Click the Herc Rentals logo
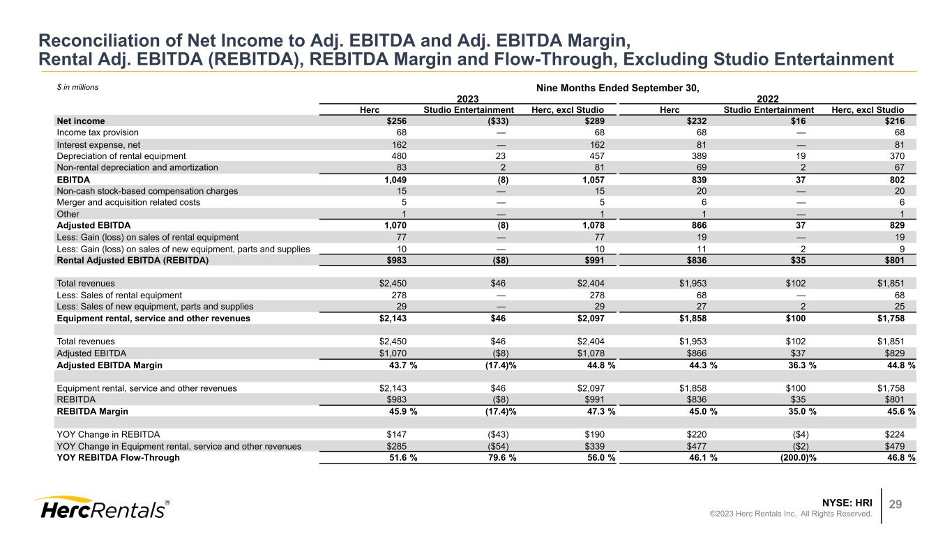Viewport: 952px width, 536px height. coord(101,508)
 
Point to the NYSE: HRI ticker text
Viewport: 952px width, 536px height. coord(849,502)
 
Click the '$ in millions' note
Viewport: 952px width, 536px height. coord(77,88)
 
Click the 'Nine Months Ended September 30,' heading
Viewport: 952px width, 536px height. coord(617,88)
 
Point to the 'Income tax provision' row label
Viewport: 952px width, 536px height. coord(98,132)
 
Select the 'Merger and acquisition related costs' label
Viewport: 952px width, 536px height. coord(128,202)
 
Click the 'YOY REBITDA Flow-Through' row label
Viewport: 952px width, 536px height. coord(118,457)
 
